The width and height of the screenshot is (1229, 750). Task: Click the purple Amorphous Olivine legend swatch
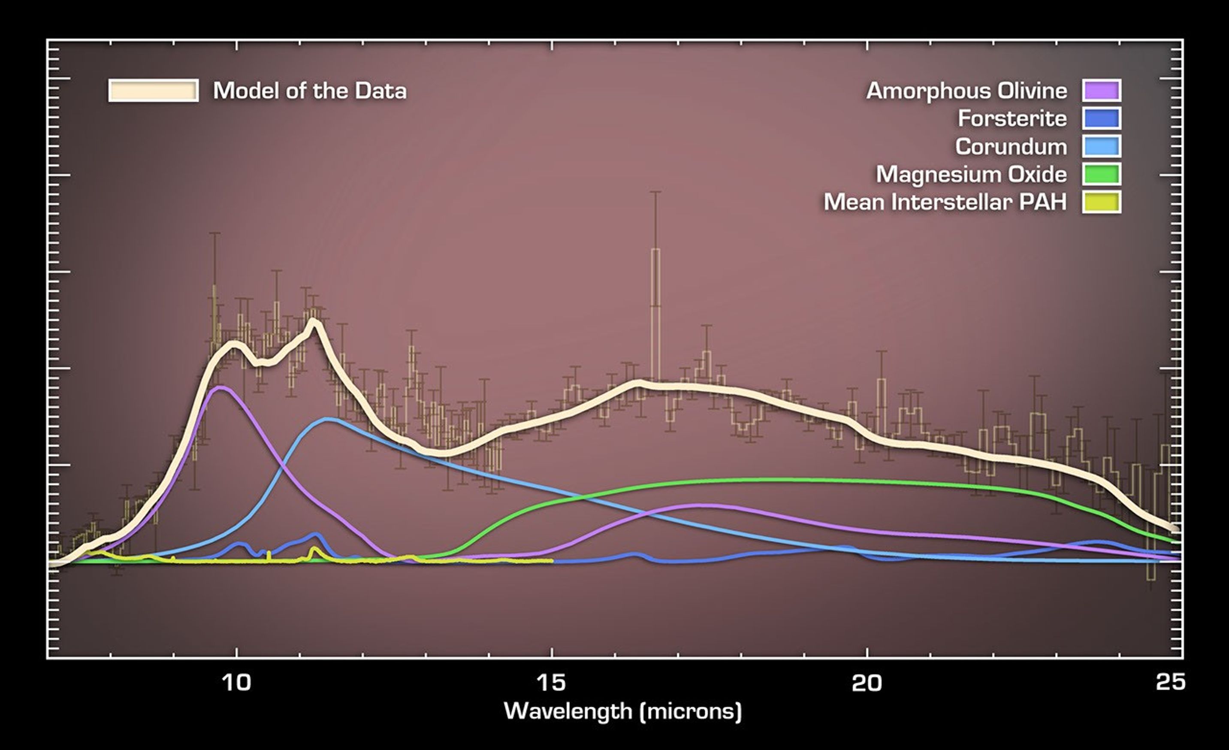pyautogui.click(x=1101, y=91)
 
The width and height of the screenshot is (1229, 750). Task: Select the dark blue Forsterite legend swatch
pyautogui.click(x=1101, y=118)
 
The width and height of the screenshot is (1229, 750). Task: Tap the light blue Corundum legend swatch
pyautogui.click(x=1101, y=146)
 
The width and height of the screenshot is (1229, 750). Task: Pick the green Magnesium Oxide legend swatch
pyautogui.click(x=1101, y=174)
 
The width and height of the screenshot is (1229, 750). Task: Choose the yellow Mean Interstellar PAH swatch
pyautogui.click(x=1101, y=202)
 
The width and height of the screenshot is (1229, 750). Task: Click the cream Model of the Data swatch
pyautogui.click(x=153, y=91)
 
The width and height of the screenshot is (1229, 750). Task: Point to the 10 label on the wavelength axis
pyautogui.click(x=236, y=683)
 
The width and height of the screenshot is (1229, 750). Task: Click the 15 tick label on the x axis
pyautogui.click(x=552, y=683)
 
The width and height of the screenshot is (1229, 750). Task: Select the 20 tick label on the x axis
pyautogui.click(x=867, y=683)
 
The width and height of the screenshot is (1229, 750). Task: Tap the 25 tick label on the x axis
pyautogui.click(x=1170, y=683)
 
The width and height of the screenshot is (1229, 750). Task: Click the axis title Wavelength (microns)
pyautogui.click(x=623, y=711)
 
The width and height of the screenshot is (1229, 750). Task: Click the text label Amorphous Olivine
pyautogui.click(x=966, y=91)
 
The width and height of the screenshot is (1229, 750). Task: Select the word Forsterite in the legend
pyautogui.click(x=1012, y=119)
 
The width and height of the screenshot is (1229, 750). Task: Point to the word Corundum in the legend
pyautogui.click(x=1011, y=147)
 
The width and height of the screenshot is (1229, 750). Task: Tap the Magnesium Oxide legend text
pyautogui.click(x=971, y=175)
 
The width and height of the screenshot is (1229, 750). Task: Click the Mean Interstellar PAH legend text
pyautogui.click(x=945, y=202)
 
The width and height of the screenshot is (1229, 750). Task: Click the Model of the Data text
pyautogui.click(x=310, y=91)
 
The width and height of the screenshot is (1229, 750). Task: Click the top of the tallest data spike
pyautogui.click(x=655, y=192)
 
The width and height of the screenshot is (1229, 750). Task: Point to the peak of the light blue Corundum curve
pyautogui.click(x=327, y=419)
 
